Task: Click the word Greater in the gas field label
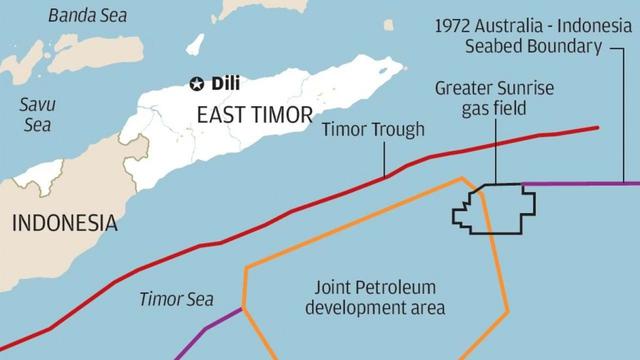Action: [463, 88]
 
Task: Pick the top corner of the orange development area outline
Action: [461, 179]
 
